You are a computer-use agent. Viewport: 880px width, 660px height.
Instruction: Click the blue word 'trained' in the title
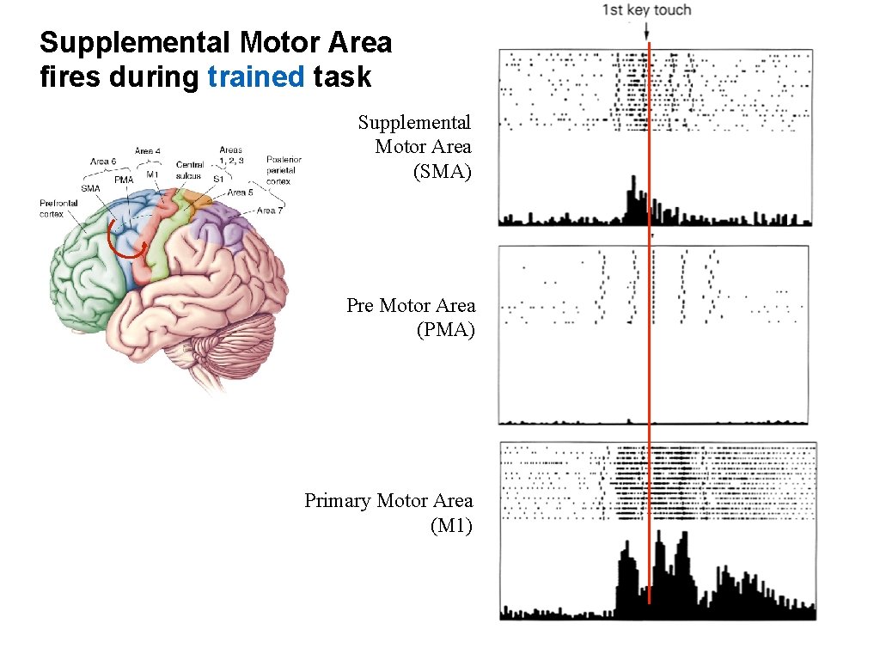(x=256, y=76)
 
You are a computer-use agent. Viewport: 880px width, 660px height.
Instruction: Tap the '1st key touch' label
(x=645, y=10)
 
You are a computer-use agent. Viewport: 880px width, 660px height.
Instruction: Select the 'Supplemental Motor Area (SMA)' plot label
(x=415, y=147)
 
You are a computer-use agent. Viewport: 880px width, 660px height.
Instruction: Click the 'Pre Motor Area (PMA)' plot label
(x=411, y=317)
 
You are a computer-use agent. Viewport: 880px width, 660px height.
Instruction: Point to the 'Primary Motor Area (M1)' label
(x=388, y=512)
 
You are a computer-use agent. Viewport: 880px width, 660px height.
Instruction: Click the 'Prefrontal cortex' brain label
(x=58, y=209)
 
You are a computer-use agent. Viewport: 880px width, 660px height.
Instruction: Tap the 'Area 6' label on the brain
(x=105, y=161)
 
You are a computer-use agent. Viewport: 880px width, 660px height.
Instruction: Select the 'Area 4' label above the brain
(x=147, y=151)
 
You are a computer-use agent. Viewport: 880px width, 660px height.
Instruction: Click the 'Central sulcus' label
(x=188, y=170)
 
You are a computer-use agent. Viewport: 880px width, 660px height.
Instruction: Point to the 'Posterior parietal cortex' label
(x=284, y=170)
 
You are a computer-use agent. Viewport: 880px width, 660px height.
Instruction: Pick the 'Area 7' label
(x=270, y=211)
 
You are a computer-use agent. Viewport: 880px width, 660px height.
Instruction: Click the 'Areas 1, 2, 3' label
(x=230, y=155)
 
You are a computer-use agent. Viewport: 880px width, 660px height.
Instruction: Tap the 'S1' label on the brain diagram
(x=218, y=179)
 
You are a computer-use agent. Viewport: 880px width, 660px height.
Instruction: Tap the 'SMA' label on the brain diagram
(x=90, y=188)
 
